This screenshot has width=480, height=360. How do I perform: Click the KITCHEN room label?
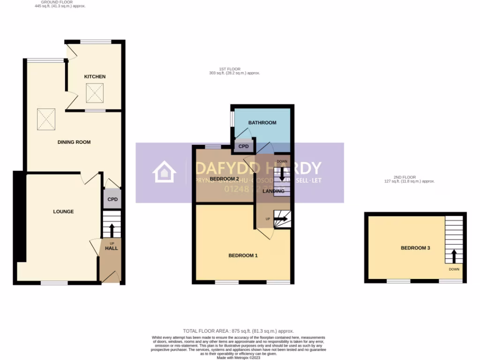[95, 76]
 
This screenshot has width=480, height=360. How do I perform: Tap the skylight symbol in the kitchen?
[96, 93]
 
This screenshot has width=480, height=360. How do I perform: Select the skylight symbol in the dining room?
[47, 119]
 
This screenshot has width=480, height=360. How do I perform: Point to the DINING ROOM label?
[74, 142]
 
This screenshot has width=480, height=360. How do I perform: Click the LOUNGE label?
[63, 211]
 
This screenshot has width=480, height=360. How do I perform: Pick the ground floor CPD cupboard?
[112, 200]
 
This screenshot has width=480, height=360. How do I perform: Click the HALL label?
[112, 248]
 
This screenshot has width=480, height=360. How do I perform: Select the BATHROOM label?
[262, 123]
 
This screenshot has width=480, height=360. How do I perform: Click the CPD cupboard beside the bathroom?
[244, 146]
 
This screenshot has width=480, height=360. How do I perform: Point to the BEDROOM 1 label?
[243, 255]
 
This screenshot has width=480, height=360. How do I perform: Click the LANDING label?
[273, 191]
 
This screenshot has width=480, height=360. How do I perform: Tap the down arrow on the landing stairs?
[282, 175]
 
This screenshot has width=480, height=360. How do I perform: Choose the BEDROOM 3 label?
[415, 248]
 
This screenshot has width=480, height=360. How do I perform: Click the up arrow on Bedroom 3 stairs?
[454, 256]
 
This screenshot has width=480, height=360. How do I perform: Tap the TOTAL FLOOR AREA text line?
[239, 331]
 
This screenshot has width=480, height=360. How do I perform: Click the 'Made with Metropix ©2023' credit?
[239, 358]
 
